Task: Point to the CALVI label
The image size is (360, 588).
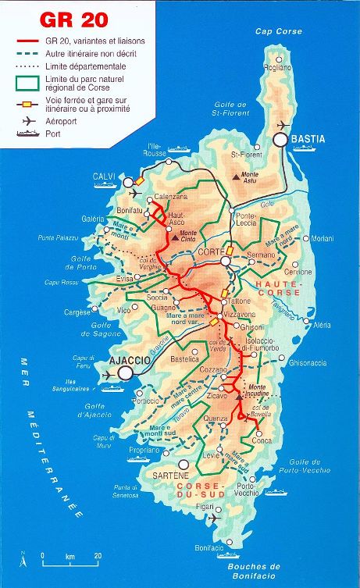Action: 103,176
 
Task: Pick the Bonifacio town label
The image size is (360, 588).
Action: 209,547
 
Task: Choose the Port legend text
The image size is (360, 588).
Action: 53,134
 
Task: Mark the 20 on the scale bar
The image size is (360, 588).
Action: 98,556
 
